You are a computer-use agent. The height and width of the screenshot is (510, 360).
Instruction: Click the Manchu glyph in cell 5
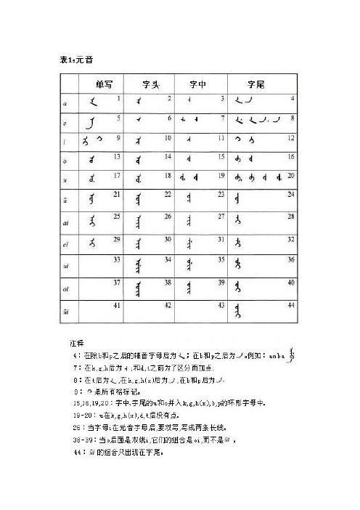point(93,121)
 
